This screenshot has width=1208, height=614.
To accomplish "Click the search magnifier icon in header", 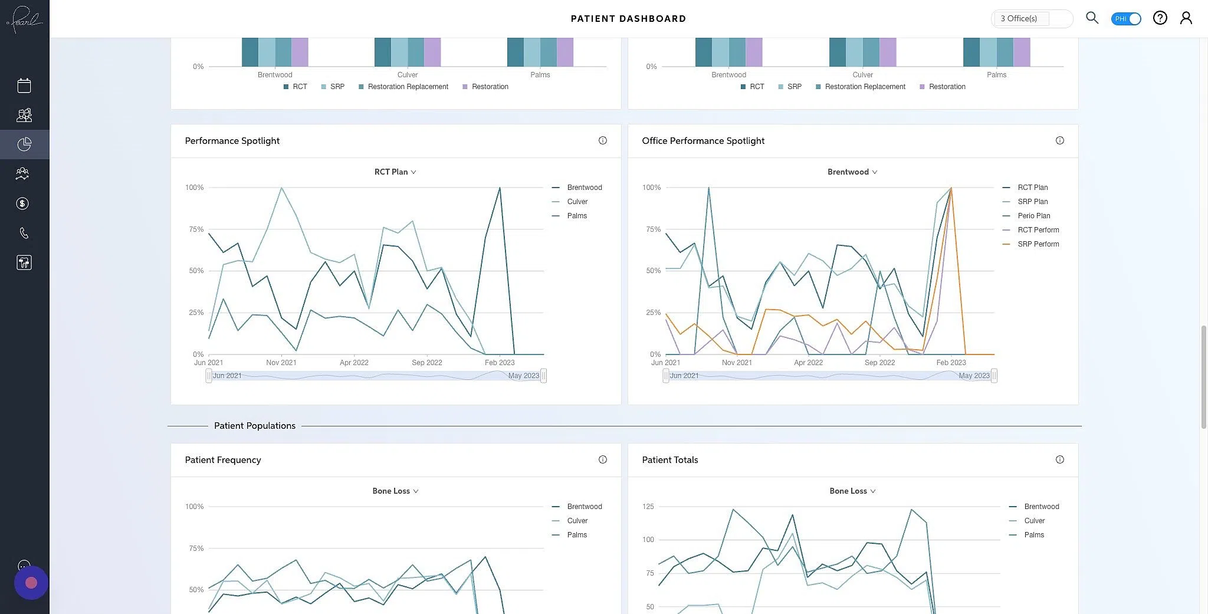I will (x=1092, y=18).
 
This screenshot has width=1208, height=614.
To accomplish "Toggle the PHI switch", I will (x=1125, y=19).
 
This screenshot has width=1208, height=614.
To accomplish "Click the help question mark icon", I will (x=1160, y=18).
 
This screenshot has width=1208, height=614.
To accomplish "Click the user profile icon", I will (x=1186, y=18).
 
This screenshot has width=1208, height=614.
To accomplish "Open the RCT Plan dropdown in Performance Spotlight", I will (x=395, y=172).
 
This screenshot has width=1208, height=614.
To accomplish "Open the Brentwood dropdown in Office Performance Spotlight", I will (x=852, y=172).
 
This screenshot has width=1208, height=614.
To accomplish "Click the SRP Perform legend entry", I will (x=1038, y=244).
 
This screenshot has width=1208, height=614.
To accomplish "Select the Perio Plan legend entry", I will (x=1033, y=216).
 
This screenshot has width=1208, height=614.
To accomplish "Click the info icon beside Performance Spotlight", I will (x=602, y=140).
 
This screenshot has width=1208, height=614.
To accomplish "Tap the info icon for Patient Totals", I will (x=1059, y=459).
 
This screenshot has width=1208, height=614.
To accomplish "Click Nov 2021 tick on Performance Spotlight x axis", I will (x=281, y=363).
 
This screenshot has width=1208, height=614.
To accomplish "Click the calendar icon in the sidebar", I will (x=24, y=86).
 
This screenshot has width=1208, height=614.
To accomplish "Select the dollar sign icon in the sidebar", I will (x=22, y=203).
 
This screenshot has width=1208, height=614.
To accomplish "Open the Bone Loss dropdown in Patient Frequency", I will (x=395, y=491).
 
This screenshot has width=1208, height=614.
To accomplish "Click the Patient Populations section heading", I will (x=254, y=426).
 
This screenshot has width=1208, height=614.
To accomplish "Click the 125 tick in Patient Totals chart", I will (x=648, y=507).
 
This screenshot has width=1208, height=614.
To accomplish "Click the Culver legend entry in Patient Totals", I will (x=1034, y=521).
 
